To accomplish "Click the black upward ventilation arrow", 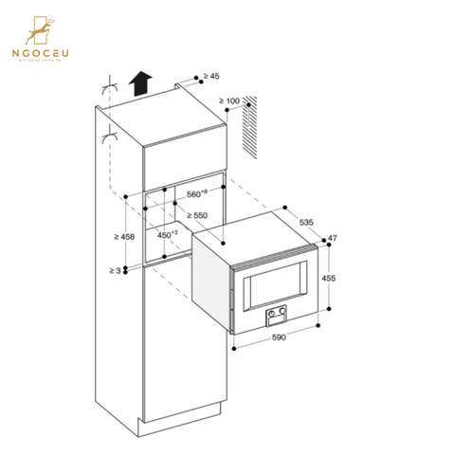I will [x=142, y=84].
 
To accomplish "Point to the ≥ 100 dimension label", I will [x=231, y=100].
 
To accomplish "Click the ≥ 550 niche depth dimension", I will [x=198, y=216].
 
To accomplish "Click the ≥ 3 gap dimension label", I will [x=116, y=271].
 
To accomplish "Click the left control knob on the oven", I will [x=273, y=312].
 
